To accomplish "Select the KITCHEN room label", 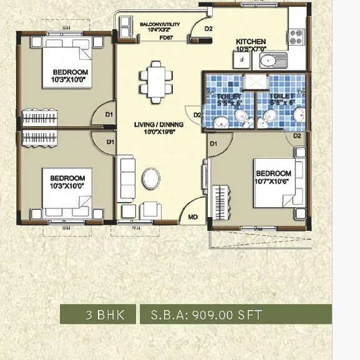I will point(250,42).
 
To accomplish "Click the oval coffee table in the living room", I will point(152,178).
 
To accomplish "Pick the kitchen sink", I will point(271,61).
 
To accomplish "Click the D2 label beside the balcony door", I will point(208,29).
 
